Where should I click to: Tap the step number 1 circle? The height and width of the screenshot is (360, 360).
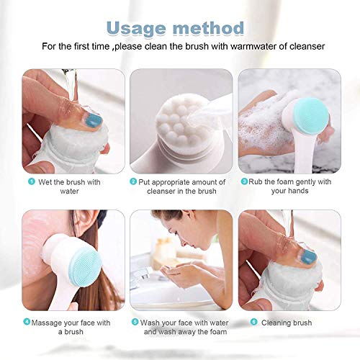[x=32, y=182]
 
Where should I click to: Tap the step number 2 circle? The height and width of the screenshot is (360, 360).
[x=133, y=182]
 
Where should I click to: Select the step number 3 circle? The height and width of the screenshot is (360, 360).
[x=244, y=182]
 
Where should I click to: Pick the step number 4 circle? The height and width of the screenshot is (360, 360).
[x=27, y=322]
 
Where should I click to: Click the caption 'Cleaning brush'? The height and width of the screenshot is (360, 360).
[x=291, y=323]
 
